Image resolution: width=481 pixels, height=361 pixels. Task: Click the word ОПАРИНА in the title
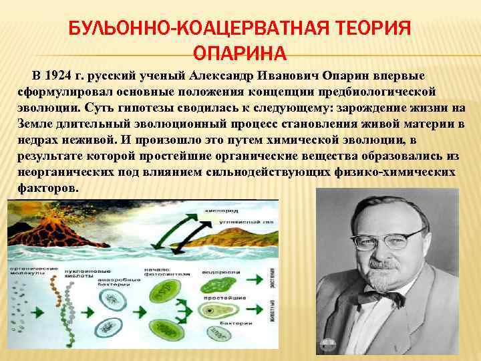coord(240,53)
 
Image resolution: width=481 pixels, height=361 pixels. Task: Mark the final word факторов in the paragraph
coord(45,189)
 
